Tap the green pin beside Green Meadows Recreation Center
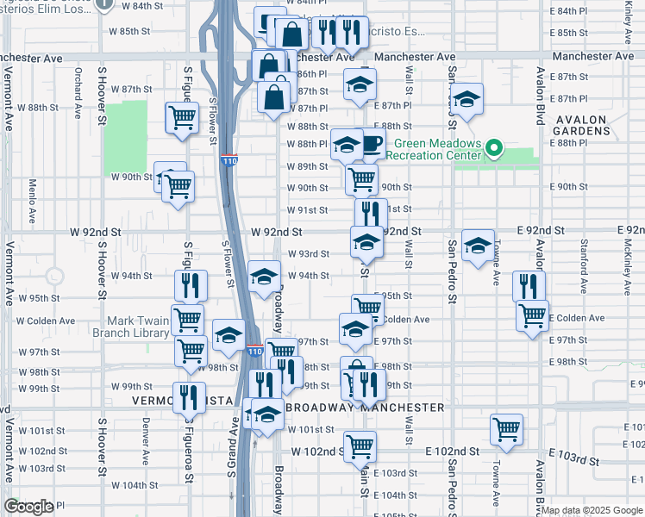tap(493, 149)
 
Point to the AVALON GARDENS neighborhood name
tap(583, 125)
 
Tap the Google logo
tap(28, 507)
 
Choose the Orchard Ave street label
tap(78, 92)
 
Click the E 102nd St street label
tap(452, 451)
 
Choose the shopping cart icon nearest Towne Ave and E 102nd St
tap(506, 427)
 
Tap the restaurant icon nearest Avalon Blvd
tap(529, 285)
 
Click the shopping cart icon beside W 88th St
tap(181, 116)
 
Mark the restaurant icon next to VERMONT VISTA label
tap(188, 396)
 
